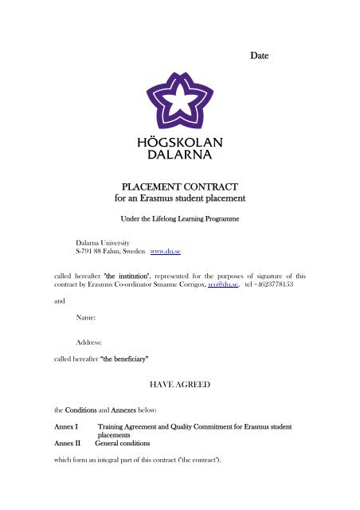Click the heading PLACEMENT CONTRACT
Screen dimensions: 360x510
coord(179,185)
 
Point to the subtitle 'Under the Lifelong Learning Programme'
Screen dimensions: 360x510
coord(179,217)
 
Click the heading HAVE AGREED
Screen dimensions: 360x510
coord(179,383)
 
